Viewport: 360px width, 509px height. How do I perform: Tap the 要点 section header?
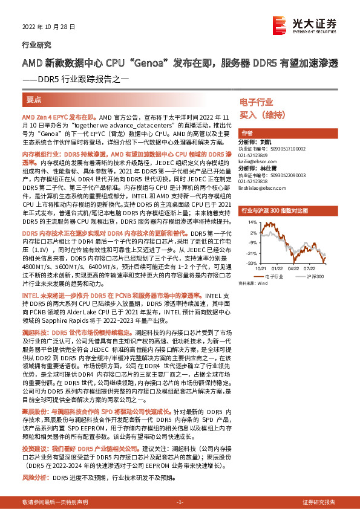click(x=34, y=98)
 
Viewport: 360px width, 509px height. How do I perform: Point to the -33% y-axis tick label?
click(x=250, y=264)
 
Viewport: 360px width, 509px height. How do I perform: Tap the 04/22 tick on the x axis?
click(x=293, y=268)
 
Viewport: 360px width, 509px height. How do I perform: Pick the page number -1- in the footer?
click(x=180, y=502)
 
